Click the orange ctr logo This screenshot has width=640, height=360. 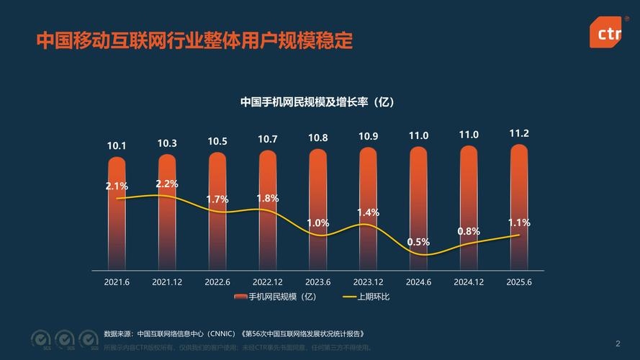(605, 32)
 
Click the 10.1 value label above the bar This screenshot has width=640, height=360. (117, 145)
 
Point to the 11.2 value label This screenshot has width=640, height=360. (519, 134)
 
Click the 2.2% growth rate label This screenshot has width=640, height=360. (167, 184)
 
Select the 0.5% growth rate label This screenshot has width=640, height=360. (418, 242)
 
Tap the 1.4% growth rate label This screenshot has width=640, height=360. (368, 212)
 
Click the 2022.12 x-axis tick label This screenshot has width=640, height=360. (268, 282)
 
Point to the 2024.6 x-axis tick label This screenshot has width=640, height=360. (418, 282)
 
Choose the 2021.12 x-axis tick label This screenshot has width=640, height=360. (167, 282)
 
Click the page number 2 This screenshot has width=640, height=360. (618, 343)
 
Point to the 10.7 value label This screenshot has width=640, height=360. (268, 139)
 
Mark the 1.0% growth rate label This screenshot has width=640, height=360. (317, 223)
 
